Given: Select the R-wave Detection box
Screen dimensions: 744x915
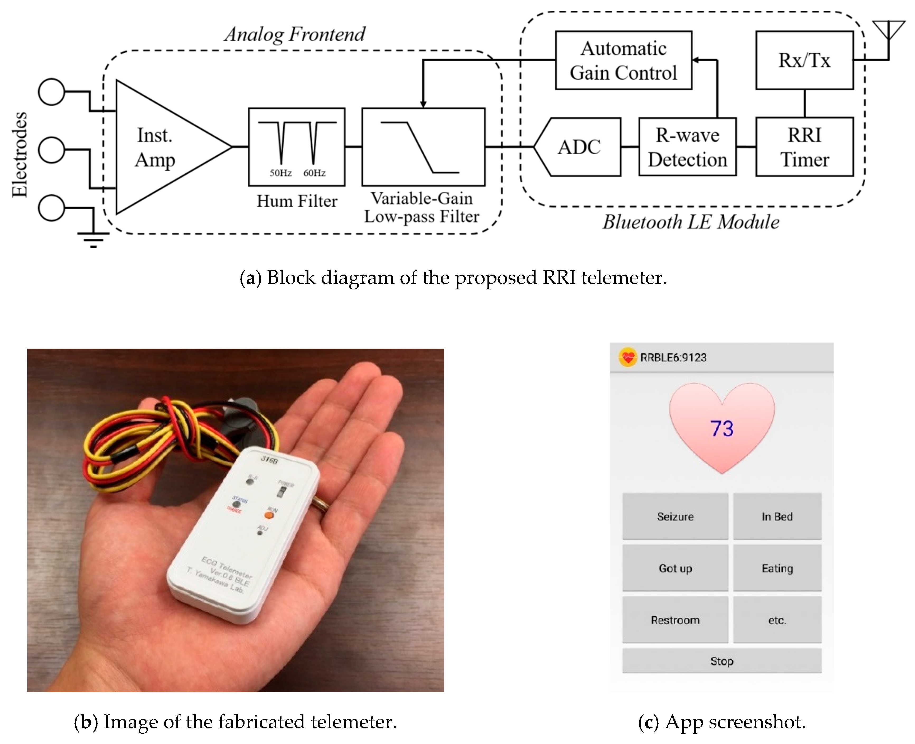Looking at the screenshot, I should click(x=687, y=147).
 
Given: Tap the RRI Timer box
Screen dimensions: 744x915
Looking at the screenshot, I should click(x=804, y=147).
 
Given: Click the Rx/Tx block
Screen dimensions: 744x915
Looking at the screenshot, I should click(x=804, y=60).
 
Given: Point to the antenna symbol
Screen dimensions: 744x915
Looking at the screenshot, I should click(x=888, y=32).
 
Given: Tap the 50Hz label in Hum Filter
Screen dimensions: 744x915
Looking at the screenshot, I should click(x=280, y=173).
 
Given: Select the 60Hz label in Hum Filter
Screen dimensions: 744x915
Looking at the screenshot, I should click(x=314, y=173).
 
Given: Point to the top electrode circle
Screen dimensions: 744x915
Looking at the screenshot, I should click(x=51, y=92).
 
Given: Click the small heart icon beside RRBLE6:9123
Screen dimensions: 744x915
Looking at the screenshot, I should click(x=628, y=357).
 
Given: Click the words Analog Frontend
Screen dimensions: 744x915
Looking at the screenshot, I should click(x=295, y=34).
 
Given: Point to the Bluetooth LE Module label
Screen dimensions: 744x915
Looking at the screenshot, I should click(x=691, y=222).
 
